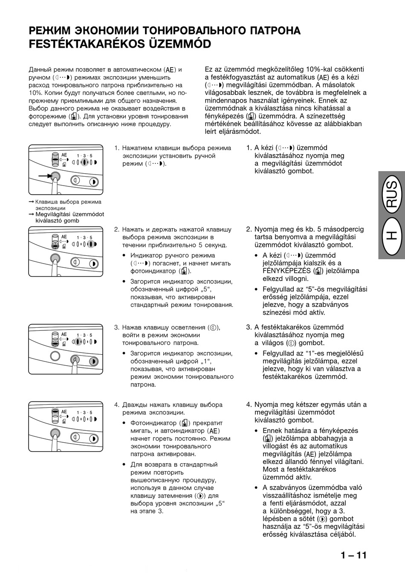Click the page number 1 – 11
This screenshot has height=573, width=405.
pyautogui.click(x=353, y=555)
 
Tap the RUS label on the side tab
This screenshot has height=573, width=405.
pyautogui.click(x=391, y=195)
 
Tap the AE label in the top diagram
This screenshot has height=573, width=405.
pyautogui.click(x=64, y=155)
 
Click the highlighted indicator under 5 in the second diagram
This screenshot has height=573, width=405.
pyautogui.click(x=91, y=244)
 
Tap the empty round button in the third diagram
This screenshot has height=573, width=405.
pyautogui.click(x=55, y=356)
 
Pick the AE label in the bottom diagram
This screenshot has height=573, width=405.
pyautogui.click(x=64, y=412)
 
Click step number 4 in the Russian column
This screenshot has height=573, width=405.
pyautogui.click(x=116, y=405)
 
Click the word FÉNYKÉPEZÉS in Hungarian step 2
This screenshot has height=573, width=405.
pyautogui.click(x=287, y=271)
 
